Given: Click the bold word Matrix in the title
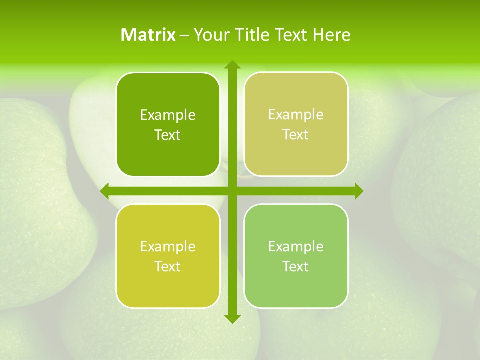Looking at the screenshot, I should [x=148, y=35].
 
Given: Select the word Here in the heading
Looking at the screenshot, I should [x=332, y=35].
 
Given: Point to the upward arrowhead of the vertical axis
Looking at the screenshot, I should [x=232, y=65].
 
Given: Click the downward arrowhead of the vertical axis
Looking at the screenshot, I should [x=232, y=319].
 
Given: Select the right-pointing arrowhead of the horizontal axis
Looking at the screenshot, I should [x=359, y=191].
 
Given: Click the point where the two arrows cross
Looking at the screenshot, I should [x=232, y=191].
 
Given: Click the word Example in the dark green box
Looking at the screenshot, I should [x=168, y=115].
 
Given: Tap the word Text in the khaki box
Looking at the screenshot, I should [x=296, y=135].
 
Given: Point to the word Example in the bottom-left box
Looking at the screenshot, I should [x=168, y=247].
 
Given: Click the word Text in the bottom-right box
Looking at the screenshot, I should [x=296, y=266].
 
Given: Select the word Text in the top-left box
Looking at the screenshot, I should [x=168, y=135].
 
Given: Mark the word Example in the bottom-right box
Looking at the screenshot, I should [x=296, y=246].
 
